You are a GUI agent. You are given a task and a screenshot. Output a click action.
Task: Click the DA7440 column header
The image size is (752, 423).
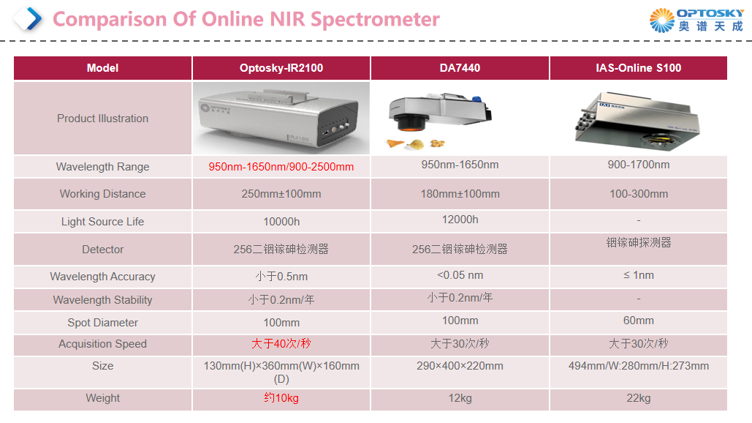(460, 68)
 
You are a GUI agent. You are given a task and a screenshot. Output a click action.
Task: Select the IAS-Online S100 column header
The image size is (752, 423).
(638, 68)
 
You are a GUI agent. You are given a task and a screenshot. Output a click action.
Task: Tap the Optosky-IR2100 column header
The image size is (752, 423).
(281, 68)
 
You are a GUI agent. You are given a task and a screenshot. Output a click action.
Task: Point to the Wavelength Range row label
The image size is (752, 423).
(102, 167)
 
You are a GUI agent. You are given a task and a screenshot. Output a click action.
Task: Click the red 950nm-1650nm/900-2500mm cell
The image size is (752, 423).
(281, 167)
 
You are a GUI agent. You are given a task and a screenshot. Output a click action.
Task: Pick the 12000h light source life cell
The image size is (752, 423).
(460, 220)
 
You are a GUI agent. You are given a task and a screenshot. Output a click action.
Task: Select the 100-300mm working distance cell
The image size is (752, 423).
(638, 194)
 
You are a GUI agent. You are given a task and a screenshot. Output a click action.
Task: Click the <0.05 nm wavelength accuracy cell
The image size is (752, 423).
(460, 275)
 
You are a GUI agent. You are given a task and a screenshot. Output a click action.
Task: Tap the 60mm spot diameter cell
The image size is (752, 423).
(638, 321)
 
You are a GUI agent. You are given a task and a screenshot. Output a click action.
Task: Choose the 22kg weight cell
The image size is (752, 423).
(638, 398)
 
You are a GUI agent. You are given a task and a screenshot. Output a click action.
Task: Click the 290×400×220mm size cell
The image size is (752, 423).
(460, 366)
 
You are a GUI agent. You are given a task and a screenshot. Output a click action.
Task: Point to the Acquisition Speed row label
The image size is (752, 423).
(102, 344)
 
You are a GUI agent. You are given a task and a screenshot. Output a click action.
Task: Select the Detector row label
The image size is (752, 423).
(102, 250)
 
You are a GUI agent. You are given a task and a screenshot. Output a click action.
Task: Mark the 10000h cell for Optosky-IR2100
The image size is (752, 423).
(281, 222)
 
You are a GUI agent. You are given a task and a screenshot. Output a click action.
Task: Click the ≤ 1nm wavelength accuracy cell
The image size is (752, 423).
(638, 275)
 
